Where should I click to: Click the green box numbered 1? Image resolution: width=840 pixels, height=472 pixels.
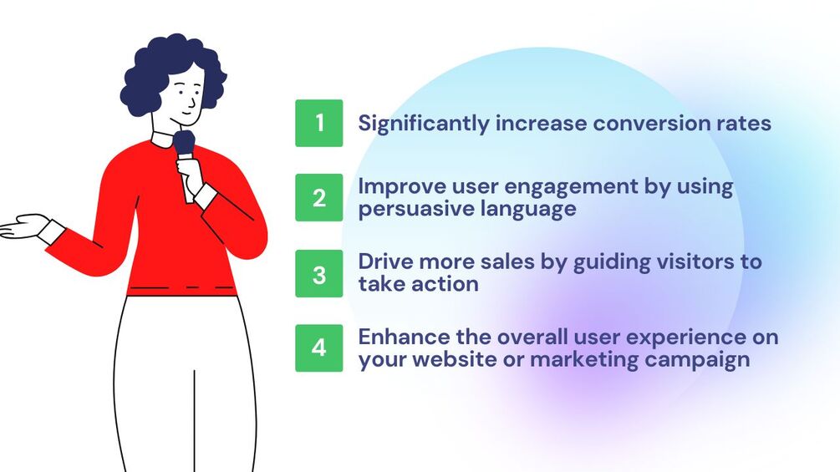tap(318, 123)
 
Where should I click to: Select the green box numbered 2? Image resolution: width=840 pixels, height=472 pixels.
tap(318, 197)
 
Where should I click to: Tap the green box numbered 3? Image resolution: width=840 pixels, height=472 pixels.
tap(318, 273)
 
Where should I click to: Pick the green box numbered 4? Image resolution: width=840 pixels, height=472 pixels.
tap(318, 348)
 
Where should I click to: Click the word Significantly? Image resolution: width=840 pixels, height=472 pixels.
tap(424, 124)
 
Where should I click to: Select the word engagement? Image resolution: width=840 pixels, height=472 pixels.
tap(571, 188)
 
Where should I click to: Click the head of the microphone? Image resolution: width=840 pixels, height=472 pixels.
tap(184, 142)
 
